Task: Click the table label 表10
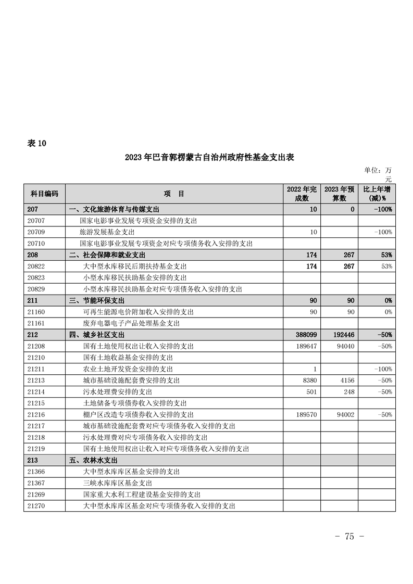[36, 144]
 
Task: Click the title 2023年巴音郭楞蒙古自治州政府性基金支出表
[209, 158]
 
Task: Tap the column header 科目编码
[44, 194]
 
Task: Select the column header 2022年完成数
[302, 194]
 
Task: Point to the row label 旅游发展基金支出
[107, 232]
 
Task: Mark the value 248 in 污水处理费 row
[348, 391]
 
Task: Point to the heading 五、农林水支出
[93, 460]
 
